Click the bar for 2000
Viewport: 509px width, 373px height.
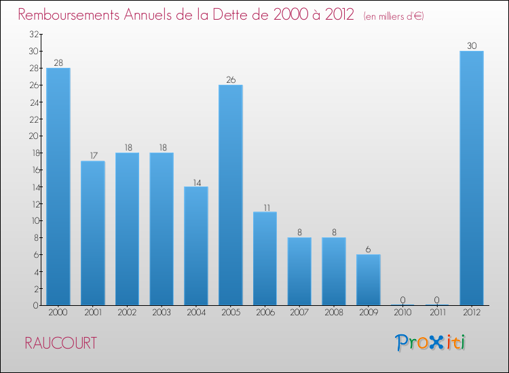point(58,186)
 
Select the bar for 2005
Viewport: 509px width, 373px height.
point(231,195)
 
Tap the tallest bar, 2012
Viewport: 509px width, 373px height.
point(472,178)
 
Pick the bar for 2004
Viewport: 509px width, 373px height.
point(196,246)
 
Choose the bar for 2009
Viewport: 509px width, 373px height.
point(369,279)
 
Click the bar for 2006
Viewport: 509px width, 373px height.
point(265,258)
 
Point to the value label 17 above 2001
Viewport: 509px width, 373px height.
point(93,156)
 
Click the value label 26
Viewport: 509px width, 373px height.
point(231,80)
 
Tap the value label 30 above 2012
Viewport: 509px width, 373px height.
point(472,46)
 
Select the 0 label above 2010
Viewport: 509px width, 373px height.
point(402,300)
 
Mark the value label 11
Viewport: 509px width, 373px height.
point(265,207)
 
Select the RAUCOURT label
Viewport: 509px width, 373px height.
point(60,343)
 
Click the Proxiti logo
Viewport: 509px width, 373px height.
point(431,342)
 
